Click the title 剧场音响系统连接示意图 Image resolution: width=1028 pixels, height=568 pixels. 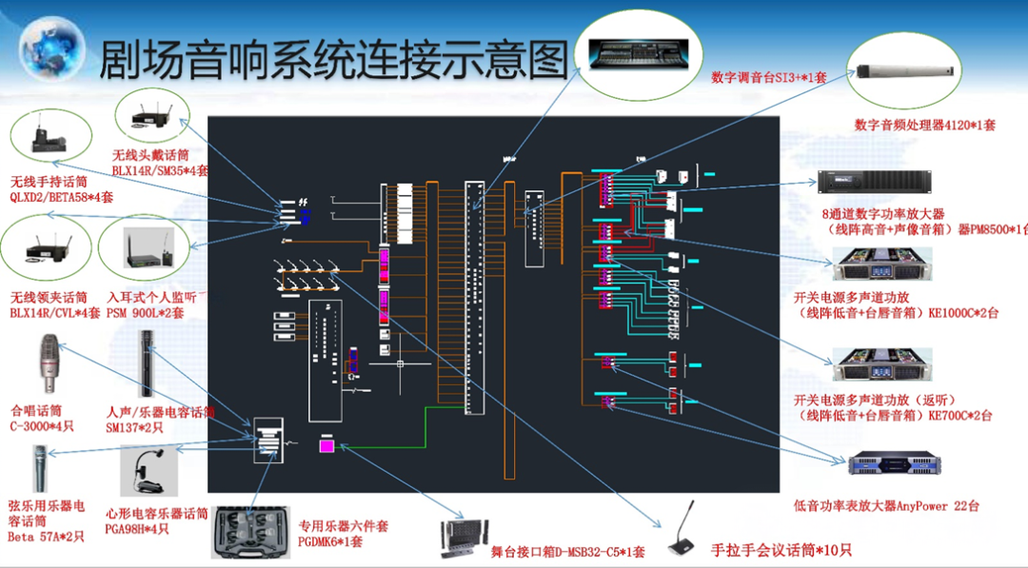(333, 59)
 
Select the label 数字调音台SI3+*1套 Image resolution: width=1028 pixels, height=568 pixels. (768, 77)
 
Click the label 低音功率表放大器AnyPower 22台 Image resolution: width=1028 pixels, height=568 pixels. (885, 506)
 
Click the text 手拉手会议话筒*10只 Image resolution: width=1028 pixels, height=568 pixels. (781, 550)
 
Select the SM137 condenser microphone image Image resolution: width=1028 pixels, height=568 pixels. (147, 362)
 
